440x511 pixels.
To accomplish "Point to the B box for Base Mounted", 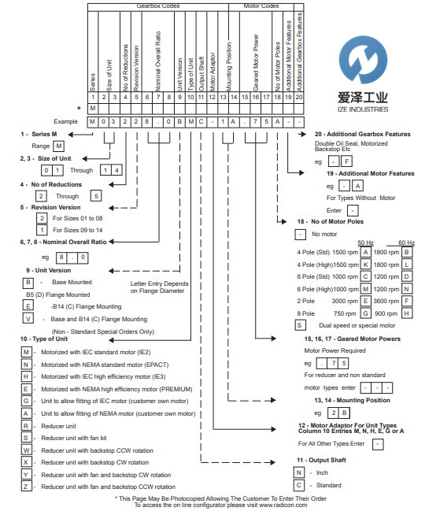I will point(28,282).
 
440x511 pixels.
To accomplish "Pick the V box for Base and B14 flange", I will point(28,320).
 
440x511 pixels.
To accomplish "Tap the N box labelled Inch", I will point(299,472).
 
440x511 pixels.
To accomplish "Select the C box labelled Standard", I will point(299,485).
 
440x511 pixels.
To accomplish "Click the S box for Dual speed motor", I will point(299,324).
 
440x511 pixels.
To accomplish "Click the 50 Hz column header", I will point(364,243).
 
